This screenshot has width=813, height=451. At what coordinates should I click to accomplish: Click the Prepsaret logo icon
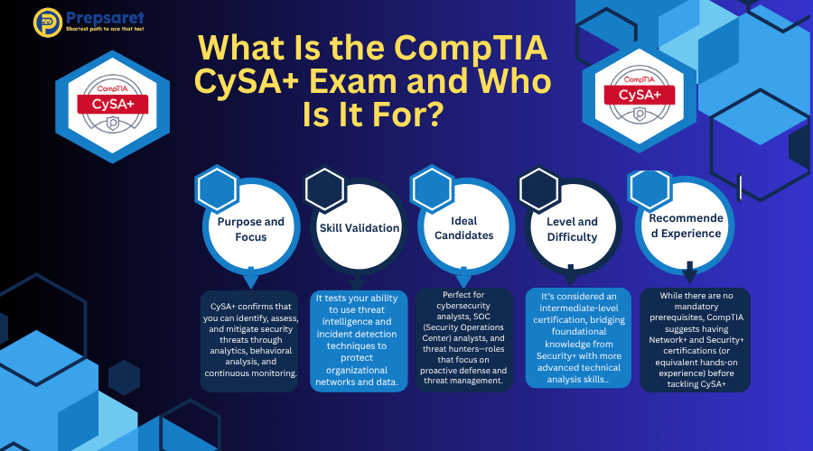pyautogui.click(x=48, y=23)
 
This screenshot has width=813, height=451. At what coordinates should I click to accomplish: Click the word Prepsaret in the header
pyautogui.click(x=106, y=18)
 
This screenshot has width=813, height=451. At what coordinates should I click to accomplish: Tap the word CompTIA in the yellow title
pyautogui.click(x=471, y=48)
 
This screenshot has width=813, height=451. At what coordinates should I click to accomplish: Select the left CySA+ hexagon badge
pyautogui.click(x=113, y=106)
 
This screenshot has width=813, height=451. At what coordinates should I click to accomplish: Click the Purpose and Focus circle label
pyautogui.click(x=251, y=229)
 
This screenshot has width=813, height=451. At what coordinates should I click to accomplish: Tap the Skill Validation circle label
pyautogui.click(x=360, y=228)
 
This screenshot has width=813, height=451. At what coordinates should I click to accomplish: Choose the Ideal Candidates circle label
pyautogui.click(x=464, y=228)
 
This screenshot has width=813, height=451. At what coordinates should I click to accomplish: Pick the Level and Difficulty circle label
pyautogui.click(x=572, y=229)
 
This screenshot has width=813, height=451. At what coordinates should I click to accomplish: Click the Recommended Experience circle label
pyautogui.click(x=686, y=225)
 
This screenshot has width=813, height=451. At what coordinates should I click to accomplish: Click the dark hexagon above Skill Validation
pyautogui.click(x=324, y=189)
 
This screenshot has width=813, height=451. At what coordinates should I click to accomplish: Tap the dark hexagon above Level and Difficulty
pyautogui.click(x=539, y=189)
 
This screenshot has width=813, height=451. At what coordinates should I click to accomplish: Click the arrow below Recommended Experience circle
pyautogui.click(x=689, y=272)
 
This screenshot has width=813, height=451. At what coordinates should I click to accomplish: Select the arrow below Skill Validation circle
pyautogui.click(x=356, y=281)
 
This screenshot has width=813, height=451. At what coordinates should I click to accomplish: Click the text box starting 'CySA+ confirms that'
pyautogui.click(x=250, y=340)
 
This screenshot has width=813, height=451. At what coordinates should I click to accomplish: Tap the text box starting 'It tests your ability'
pyautogui.click(x=359, y=340)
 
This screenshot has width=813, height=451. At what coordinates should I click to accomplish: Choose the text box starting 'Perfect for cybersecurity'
pyautogui.click(x=464, y=338)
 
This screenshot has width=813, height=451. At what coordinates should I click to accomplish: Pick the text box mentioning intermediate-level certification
pyautogui.click(x=579, y=337)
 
